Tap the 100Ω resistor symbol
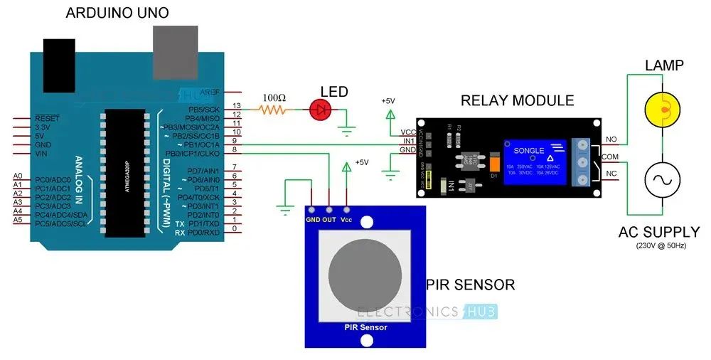[x=274, y=110]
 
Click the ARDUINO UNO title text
[x=118, y=13]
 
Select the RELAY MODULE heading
[x=517, y=100]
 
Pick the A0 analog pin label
[x=18, y=176]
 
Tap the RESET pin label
[x=47, y=118]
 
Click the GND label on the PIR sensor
[x=312, y=220]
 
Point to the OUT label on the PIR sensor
[x=329, y=220]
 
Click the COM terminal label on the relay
[x=611, y=156]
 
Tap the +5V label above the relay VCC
[x=388, y=101]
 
